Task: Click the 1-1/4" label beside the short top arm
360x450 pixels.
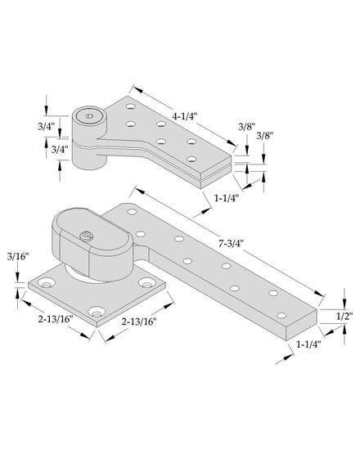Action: pos(227,198)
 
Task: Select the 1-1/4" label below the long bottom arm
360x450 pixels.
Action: pos(308,344)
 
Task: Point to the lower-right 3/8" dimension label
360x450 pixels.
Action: pos(265,135)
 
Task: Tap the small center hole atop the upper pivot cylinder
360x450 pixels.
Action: pos(89,116)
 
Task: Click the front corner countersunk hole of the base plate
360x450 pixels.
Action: pos(99,313)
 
